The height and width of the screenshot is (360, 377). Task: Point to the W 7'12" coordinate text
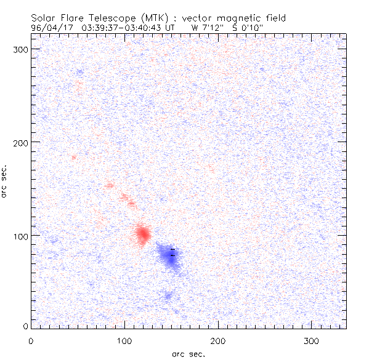click(205, 28)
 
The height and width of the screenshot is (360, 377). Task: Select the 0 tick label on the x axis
click(31, 340)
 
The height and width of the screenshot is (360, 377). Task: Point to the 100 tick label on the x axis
click(124, 340)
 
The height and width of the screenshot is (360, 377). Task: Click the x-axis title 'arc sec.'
click(188, 354)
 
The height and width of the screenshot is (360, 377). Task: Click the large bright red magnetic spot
click(143, 234)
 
